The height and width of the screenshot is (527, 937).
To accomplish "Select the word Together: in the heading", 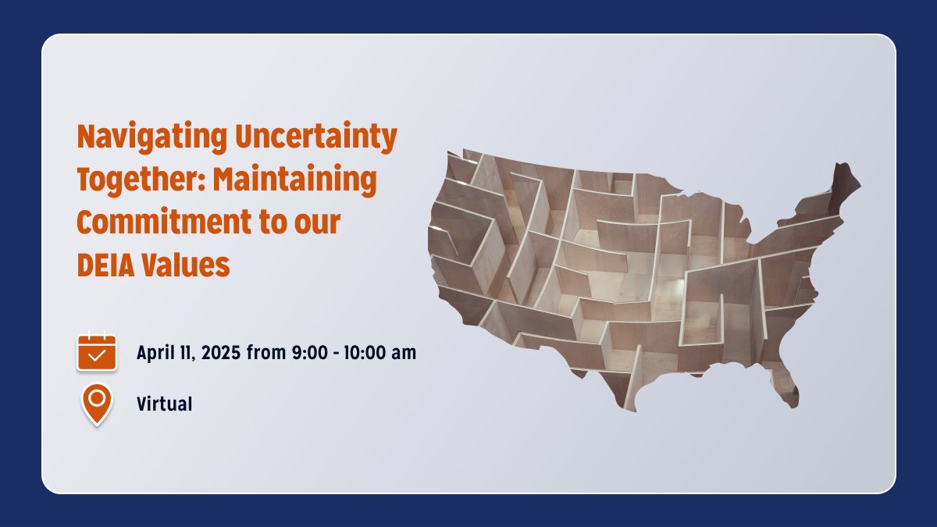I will tap(141, 180).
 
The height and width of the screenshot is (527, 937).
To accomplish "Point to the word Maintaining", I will tap(296, 180).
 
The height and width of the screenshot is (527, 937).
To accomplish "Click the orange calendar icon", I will tap(97, 352).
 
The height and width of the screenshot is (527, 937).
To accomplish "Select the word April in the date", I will tap(155, 353).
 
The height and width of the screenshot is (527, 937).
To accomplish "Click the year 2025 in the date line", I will tap(221, 353).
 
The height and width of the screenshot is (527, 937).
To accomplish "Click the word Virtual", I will tap(164, 404).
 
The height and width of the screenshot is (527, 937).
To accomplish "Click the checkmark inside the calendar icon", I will tap(97, 356).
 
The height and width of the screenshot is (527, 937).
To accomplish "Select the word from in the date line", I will tap(268, 353).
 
